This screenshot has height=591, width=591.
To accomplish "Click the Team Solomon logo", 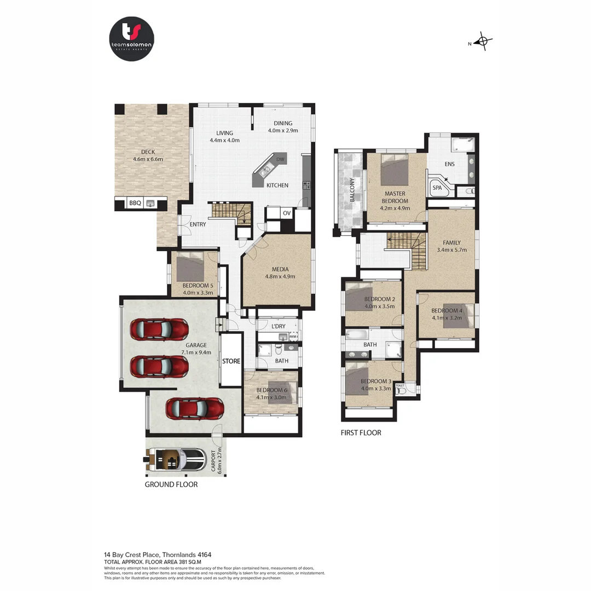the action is tap(131, 39).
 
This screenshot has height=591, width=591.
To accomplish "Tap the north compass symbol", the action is tap(482, 42).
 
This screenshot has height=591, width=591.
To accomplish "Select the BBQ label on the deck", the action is tap(135, 203).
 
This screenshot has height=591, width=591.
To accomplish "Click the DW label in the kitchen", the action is tap(281, 159).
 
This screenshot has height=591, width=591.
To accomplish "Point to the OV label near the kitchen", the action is tap(287, 213).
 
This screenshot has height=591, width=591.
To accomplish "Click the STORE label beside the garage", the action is tap(231, 361).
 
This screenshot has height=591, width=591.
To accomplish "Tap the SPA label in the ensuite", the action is tap(437, 188).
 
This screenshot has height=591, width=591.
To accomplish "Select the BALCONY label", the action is tap(352, 191).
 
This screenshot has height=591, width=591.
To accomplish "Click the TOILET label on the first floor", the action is tap(401, 385).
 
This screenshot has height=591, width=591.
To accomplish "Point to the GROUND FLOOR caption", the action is tap(171, 484).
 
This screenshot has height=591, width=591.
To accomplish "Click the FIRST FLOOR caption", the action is tap(361, 433).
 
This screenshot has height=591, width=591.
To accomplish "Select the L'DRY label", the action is tap(279, 327).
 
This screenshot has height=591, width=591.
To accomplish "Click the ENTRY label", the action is tap(198, 224).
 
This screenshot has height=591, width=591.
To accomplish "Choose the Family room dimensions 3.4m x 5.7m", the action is tap(451, 250).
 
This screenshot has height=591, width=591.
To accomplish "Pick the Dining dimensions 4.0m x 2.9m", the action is tap(283, 131).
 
